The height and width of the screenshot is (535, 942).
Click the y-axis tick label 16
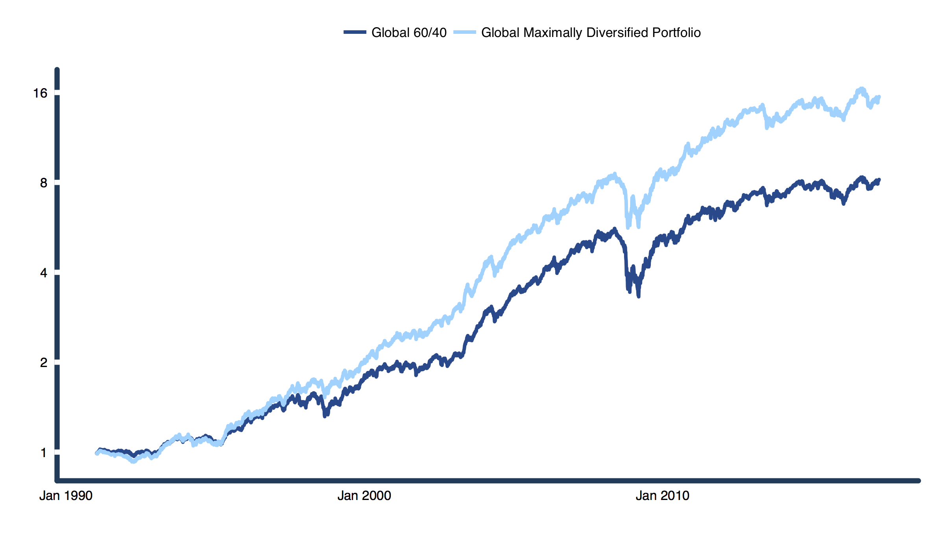pos(40,93)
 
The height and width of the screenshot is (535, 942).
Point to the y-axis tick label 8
pos(43,183)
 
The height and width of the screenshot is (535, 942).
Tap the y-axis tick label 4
pos(43,273)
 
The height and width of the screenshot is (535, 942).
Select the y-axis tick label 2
pos(43,362)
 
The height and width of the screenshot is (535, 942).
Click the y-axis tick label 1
pos(43,453)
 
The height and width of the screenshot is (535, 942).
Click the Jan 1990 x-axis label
pos(66,496)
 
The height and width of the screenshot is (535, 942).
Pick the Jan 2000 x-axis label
pos(364,496)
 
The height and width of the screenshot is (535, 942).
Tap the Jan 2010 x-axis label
pos(662,496)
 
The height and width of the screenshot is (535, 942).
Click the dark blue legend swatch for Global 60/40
pos(355,32)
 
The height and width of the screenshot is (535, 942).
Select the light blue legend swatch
pos(464,32)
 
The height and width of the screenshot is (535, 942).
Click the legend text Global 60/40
pos(409,32)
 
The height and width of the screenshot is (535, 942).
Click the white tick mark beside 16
pos(57,93)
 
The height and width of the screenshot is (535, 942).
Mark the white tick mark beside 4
pos(57,272)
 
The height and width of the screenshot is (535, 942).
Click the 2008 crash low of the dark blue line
pos(638,296)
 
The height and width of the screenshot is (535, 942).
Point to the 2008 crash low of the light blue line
pos(628,227)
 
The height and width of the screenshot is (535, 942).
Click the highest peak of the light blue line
pos(862,89)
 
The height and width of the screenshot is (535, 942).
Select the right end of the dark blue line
pos(879,180)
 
